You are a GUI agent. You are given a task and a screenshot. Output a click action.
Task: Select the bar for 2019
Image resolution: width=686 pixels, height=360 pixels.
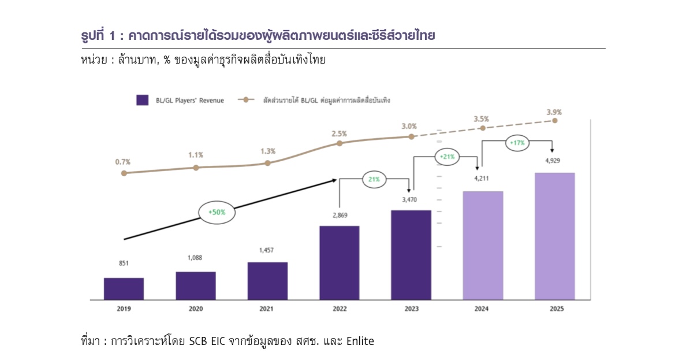(124, 288)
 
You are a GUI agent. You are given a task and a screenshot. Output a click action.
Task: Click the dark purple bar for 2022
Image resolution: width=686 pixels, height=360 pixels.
(339, 262)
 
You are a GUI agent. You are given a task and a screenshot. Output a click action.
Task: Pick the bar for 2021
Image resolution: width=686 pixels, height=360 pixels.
(267, 281)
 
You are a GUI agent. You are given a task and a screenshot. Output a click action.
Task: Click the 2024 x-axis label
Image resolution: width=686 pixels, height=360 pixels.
(482, 309)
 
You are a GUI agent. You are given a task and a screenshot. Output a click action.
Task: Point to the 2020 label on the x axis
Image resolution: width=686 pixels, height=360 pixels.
(196, 309)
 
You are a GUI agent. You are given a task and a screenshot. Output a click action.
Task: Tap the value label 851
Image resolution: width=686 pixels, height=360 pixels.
(124, 263)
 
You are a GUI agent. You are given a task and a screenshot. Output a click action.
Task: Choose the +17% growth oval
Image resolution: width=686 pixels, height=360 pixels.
(517, 142)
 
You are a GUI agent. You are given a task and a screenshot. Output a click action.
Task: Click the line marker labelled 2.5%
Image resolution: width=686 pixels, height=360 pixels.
(340, 144)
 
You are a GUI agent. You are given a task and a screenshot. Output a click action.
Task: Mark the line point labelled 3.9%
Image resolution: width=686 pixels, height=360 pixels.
(554, 121)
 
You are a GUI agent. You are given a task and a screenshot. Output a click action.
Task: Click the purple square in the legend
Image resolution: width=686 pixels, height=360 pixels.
(142, 100)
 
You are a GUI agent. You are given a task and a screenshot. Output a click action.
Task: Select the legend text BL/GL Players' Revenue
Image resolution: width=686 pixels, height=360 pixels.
(189, 101)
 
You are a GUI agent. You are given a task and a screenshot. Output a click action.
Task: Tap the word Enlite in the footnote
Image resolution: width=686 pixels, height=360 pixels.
(360, 342)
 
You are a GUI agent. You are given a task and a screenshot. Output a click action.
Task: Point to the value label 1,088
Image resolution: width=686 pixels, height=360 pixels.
(196, 257)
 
